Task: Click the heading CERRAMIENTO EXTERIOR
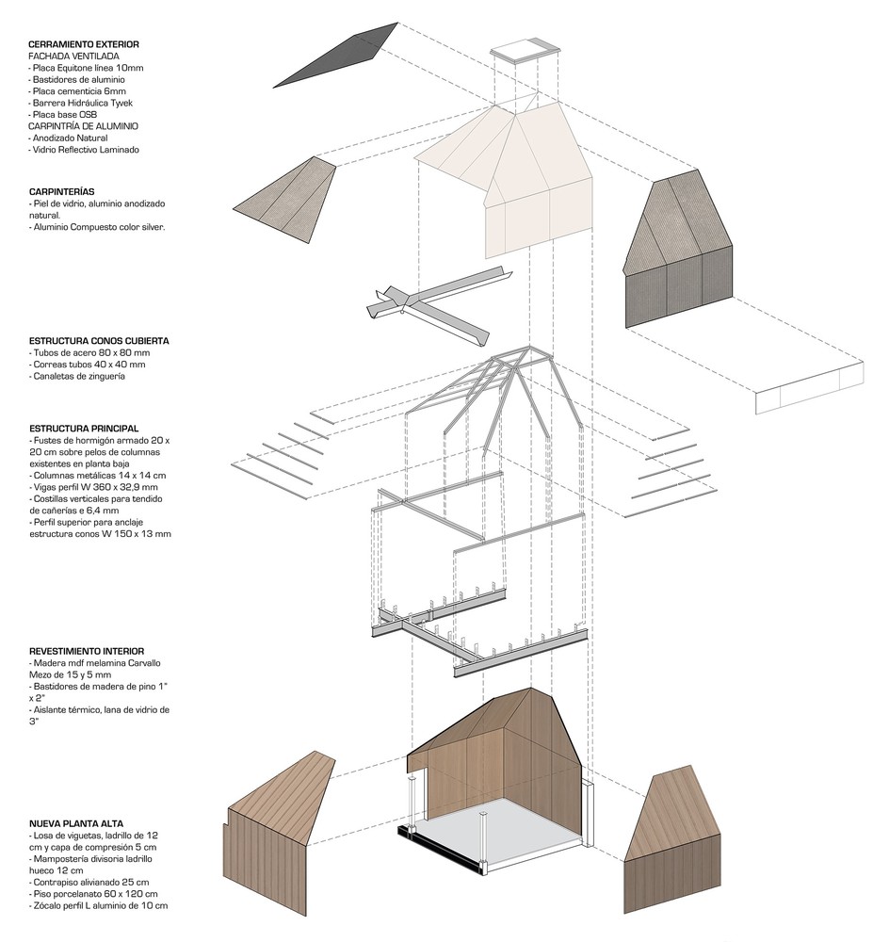tap(84, 44)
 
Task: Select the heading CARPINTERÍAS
tap(61, 191)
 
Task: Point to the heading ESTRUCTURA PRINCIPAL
tap(84, 428)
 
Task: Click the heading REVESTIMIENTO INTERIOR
tap(86, 650)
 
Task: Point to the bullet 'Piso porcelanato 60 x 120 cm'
tap(95, 893)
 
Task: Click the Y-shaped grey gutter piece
tap(428, 301)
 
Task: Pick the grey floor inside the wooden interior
tap(509, 829)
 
